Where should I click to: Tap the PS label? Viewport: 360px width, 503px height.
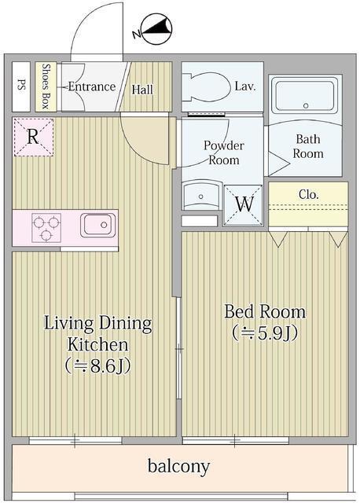pyautogui.click(x=21, y=86)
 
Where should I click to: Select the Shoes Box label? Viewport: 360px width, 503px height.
pyautogui.click(x=46, y=86)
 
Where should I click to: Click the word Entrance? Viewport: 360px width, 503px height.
pyautogui.click(x=91, y=86)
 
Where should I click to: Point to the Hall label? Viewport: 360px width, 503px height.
pyautogui.click(x=142, y=90)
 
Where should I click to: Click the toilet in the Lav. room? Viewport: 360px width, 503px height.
pyautogui.click(x=206, y=87)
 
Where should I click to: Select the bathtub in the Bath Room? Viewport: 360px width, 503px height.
pyautogui.click(x=305, y=97)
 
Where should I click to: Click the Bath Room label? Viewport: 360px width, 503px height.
pyautogui.click(x=307, y=146)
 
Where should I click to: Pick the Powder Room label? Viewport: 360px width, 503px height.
pyautogui.click(x=223, y=152)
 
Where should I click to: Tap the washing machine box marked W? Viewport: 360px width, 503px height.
pyautogui.click(x=244, y=202)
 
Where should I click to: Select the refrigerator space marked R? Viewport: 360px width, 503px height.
pyautogui.click(x=32, y=137)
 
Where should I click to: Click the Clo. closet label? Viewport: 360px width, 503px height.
pyautogui.click(x=308, y=193)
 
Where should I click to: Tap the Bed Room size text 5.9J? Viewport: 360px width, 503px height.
pyautogui.click(x=264, y=332)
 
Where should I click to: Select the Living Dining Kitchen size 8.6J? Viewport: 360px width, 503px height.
pyautogui.click(x=97, y=366)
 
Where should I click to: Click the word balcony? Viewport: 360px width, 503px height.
pyautogui.click(x=178, y=467)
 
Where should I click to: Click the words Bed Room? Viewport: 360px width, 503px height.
pyautogui.click(x=265, y=311)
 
